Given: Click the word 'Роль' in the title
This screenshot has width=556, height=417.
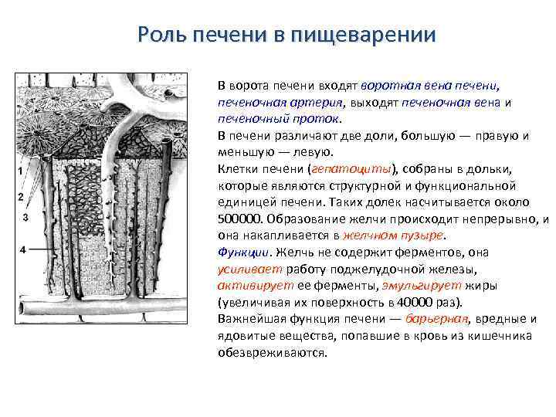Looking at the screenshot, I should [159, 36].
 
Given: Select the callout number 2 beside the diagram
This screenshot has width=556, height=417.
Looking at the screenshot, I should [20, 197].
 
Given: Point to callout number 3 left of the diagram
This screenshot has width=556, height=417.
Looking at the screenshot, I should [25, 218].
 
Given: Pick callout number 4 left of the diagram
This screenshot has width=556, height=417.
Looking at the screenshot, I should [22, 249].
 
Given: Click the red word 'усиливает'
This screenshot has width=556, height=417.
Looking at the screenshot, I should [249, 269].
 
